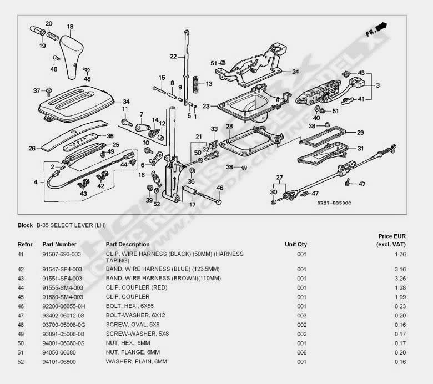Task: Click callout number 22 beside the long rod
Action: (174, 56)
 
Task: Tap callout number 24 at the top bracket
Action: (295, 72)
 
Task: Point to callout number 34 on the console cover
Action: (126, 102)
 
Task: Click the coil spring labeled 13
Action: (196, 84)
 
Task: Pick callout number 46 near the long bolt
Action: (220, 188)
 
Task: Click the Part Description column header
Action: (128, 244)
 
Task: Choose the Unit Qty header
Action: (295, 244)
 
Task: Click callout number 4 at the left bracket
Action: (36, 182)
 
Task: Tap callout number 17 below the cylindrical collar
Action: (193, 204)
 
